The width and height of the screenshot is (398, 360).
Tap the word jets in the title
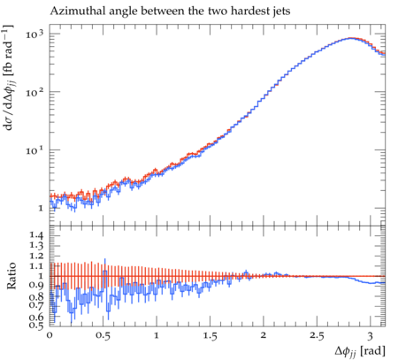point(280,11)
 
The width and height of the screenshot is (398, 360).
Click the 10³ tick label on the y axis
point(34,34)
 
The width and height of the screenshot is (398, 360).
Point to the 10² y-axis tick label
point(34,92)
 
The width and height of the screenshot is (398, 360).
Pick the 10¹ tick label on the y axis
point(34,150)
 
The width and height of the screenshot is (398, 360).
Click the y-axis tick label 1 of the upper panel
point(41,208)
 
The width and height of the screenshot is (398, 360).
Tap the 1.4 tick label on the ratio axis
point(36,235)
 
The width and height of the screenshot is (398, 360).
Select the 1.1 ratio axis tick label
point(36,266)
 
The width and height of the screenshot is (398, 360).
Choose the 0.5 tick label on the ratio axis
point(36,325)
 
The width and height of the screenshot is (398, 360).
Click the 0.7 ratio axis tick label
point(36,305)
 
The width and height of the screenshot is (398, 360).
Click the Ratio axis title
point(11,276)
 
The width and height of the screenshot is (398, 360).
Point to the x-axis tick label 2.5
point(317,335)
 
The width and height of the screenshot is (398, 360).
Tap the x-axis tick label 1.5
point(210,335)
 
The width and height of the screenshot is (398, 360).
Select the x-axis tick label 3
point(371,335)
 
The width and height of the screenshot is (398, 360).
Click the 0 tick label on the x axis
point(50,335)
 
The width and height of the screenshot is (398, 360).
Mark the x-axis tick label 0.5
point(103,335)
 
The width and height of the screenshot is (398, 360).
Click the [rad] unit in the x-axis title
point(372,351)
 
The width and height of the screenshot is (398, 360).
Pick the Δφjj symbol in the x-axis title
point(346,351)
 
